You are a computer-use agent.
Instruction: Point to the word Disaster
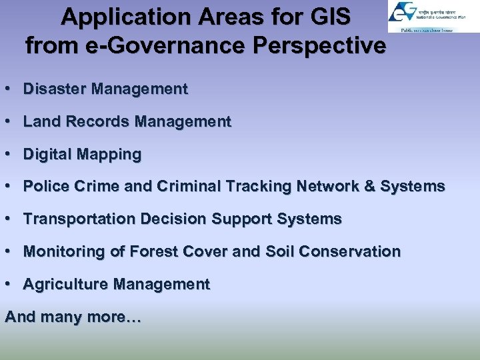[x=55, y=89]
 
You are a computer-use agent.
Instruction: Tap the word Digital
[x=47, y=155]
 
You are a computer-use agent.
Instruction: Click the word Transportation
[x=74, y=219]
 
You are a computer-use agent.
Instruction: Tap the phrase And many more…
[x=73, y=317]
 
